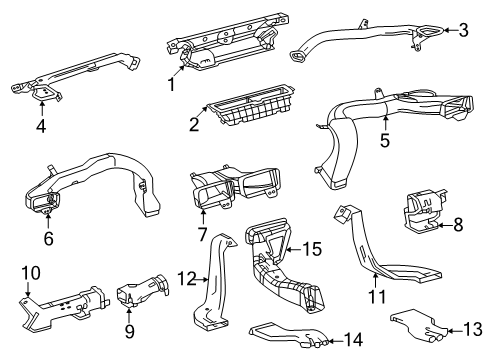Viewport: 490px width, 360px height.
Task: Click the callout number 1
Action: pos(171,84)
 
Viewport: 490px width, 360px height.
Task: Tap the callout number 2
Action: pos(194,124)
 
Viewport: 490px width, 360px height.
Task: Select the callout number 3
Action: pos(463,30)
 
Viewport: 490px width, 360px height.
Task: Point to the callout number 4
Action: pos(41,126)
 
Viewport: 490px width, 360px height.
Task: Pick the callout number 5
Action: pos(385,140)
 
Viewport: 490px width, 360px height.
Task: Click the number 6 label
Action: pos(49,238)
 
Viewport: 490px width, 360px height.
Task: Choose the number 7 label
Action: pos(203,234)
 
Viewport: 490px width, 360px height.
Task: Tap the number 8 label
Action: pos(459,225)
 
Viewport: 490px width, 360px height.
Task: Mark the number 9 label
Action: pos(130,331)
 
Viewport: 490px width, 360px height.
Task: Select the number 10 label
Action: pos(31,273)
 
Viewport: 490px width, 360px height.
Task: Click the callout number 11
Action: pos(377,297)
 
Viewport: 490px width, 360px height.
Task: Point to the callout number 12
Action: pos(187,279)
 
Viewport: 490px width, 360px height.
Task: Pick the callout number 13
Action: pos(473,329)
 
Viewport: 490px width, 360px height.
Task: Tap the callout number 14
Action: pos(353,340)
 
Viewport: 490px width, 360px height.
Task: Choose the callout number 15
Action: pos(312,249)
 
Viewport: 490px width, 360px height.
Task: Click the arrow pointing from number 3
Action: pos(450,30)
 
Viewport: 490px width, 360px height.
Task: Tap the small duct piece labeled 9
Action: pos(142,290)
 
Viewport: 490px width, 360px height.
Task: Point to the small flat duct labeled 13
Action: pos(418,325)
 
